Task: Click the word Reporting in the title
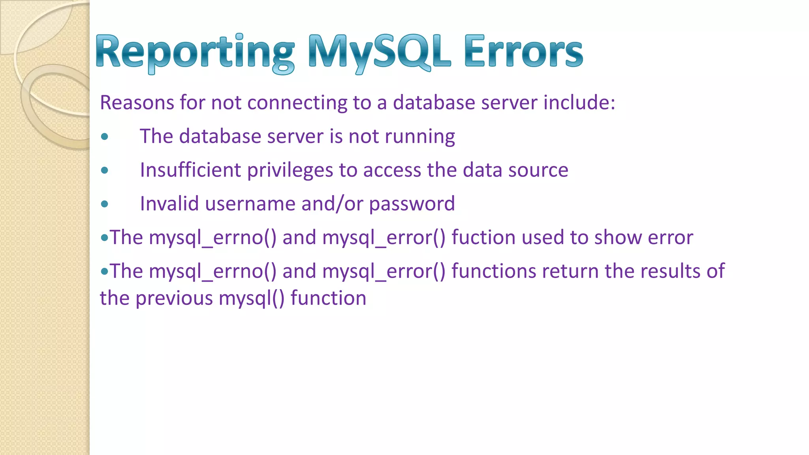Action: click(x=195, y=53)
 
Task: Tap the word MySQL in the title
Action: click(x=379, y=53)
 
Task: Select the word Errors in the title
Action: click(x=523, y=53)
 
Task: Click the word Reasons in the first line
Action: click(x=137, y=103)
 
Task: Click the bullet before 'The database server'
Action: click(x=105, y=137)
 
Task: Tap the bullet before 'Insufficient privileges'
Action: click(x=105, y=170)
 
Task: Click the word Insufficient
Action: click(x=190, y=170)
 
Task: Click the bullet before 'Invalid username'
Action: click(x=105, y=204)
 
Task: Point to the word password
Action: click(x=412, y=204)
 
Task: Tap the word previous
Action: click(x=174, y=298)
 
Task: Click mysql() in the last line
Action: click(x=251, y=298)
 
